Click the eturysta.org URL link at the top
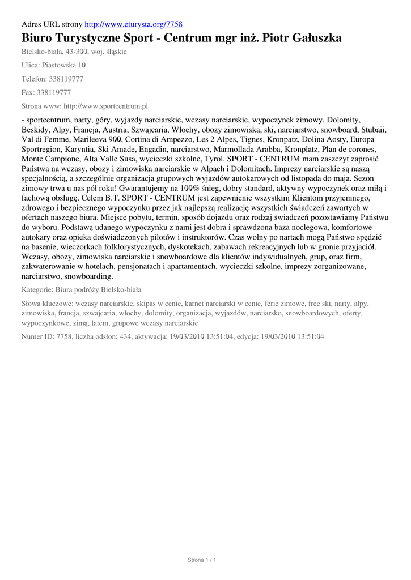click(133, 24)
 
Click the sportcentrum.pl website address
click(105, 106)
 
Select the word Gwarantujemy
click(113, 188)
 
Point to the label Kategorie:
click(37, 289)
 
